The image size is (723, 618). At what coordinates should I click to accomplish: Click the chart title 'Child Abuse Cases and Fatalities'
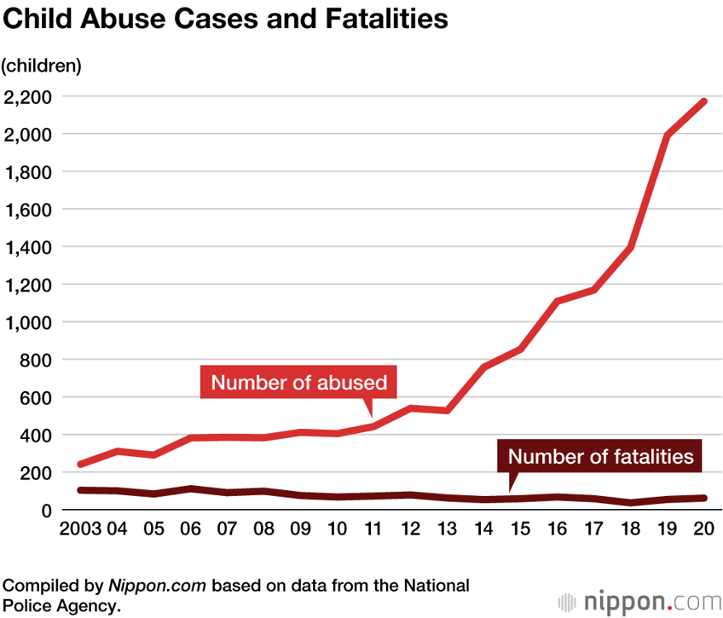click(226, 20)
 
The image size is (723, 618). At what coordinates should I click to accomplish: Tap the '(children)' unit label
click(42, 66)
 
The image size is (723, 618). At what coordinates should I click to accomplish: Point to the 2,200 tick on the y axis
click(28, 97)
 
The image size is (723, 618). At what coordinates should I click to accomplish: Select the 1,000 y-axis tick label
click(28, 322)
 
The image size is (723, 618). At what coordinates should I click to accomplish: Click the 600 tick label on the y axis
click(35, 397)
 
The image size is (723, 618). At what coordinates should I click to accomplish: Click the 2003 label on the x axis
click(80, 528)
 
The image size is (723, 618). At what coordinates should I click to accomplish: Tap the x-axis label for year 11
click(373, 528)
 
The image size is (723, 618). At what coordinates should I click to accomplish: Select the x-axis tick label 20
click(703, 528)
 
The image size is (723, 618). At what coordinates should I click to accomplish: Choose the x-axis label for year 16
click(557, 528)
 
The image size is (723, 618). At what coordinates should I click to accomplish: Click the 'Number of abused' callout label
click(299, 383)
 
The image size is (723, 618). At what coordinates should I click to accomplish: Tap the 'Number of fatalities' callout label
click(600, 456)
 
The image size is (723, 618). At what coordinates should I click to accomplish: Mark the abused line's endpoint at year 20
click(703, 101)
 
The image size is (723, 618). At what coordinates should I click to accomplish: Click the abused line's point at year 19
click(668, 136)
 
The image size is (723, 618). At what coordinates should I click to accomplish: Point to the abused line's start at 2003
click(80, 465)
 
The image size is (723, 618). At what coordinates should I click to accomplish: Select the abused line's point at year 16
click(557, 301)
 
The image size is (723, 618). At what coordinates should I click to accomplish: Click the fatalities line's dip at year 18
click(631, 503)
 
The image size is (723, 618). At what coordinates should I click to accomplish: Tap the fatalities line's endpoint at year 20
click(703, 498)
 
